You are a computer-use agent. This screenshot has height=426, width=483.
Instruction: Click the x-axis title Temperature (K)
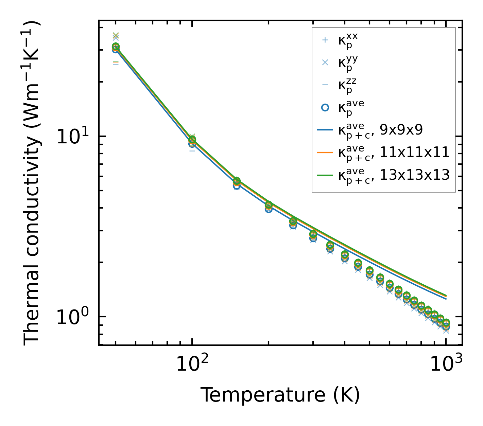[280, 395]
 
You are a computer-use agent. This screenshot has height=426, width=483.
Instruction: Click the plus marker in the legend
[325, 40]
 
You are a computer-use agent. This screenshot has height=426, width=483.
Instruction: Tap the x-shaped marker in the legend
[325, 63]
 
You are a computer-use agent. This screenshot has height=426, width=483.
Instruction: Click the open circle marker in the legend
[325, 107]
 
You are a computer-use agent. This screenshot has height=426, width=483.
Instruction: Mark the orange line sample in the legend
[325, 153]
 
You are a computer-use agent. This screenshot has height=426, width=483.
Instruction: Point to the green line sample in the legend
[325, 175]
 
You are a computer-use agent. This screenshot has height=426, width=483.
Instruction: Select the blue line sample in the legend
[325, 130]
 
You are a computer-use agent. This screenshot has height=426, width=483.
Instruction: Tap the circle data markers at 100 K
[192, 141]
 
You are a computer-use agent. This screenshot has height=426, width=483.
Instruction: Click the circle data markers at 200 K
[269, 206]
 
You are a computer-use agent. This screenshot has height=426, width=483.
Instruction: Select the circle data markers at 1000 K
[446, 324]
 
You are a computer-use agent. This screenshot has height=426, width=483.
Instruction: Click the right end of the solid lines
[446, 297]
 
